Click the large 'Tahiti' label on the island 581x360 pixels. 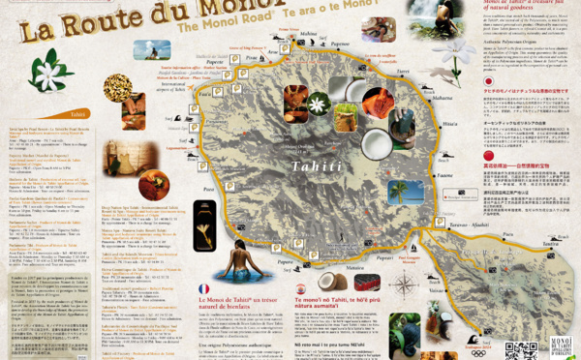(x=317, y=165)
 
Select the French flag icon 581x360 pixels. (x=203, y=288)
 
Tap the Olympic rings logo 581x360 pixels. (x=478, y=352)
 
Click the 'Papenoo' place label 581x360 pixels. (x=340, y=44)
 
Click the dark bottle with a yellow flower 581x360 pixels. (x=204, y=225)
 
